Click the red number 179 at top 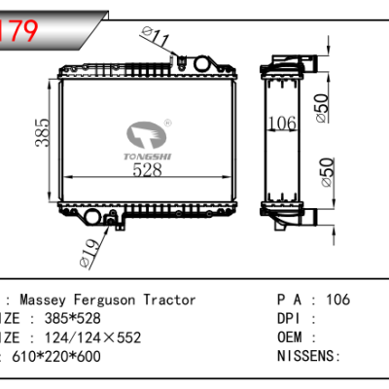click(x=19, y=31)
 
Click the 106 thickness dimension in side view click(x=281, y=123)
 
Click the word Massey click(x=41, y=301)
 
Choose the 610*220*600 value click(x=51, y=356)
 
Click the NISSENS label click(x=306, y=356)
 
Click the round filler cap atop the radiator click(x=204, y=64)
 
